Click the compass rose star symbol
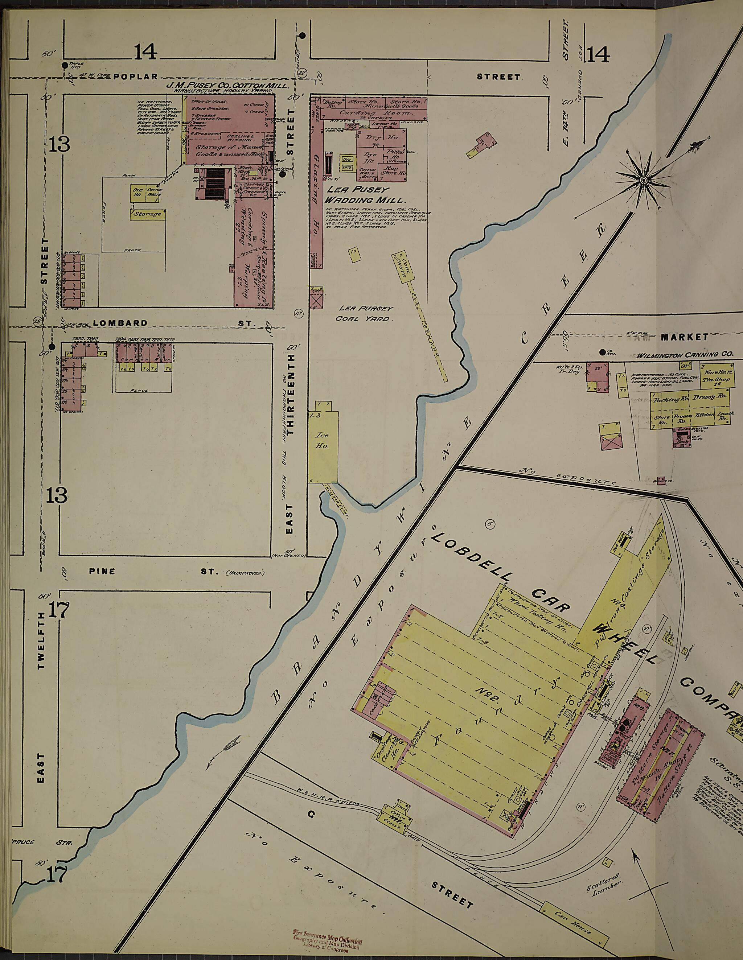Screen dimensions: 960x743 [x=643, y=180]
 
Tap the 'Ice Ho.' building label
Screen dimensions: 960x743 [x=323, y=440]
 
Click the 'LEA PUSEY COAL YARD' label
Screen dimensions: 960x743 [x=364, y=313]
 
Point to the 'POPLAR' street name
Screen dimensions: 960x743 [x=135, y=77]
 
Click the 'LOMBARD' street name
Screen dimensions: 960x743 [x=120, y=323]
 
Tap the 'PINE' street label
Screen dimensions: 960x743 [x=102, y=572]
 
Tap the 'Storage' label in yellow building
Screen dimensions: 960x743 [x=148, y=214]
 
